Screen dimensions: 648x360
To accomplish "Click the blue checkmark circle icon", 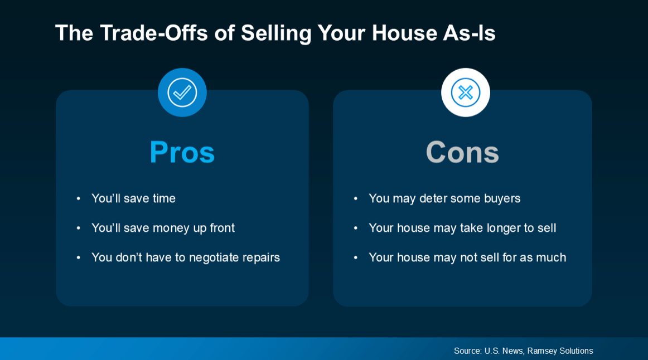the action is point(182,93).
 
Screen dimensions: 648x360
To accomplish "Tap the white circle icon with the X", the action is point(465,93).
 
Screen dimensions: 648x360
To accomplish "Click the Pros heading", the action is point(182,152).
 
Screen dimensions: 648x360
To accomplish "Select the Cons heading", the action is point(462,152).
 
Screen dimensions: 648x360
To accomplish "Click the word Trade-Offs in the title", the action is point(153,33).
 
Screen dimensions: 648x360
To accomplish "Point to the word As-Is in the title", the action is point(469,33).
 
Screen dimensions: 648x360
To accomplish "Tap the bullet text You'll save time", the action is point(133,198).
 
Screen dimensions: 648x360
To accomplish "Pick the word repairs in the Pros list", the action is point(261,257).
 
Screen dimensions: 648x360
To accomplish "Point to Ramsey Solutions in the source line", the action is point(560,351).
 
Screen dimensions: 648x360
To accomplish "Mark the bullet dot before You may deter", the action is point(355,198).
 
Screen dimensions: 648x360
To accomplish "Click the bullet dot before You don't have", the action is point(78,257).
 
